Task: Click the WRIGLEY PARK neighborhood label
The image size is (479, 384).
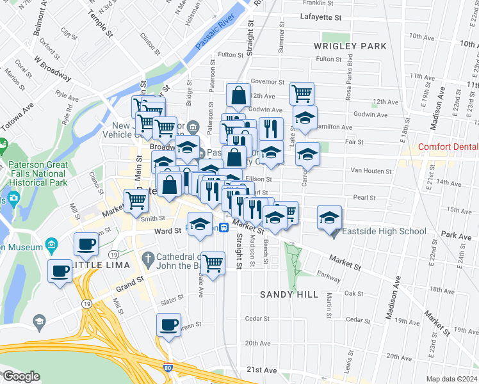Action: click(x=350, y=46)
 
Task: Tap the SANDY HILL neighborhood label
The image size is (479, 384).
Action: click(x=289, y=294)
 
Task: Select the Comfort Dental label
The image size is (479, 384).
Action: click(x=448, y=147)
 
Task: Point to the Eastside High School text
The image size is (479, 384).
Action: click(x=384, y=231)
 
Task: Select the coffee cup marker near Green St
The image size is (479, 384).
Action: click(x=169, y=324)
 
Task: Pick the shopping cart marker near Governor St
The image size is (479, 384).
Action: click(x=302, y=93)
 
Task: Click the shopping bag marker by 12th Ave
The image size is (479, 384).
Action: click(x=238, y=95)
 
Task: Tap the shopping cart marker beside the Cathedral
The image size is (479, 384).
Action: click(x=213, y=262)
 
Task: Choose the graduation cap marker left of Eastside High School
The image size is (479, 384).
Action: click(x=329, y=217)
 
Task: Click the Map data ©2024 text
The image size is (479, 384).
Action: click(x=451, y=378)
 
